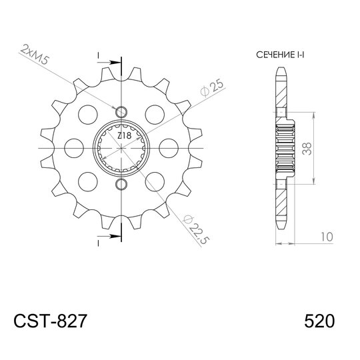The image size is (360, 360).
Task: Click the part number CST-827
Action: coord(50,321)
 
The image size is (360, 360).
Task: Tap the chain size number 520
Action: coord(319,321)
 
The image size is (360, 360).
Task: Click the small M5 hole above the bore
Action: coord(121,111)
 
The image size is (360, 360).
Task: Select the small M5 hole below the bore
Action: coord(121,184)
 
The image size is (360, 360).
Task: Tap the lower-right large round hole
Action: coord(155,181)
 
